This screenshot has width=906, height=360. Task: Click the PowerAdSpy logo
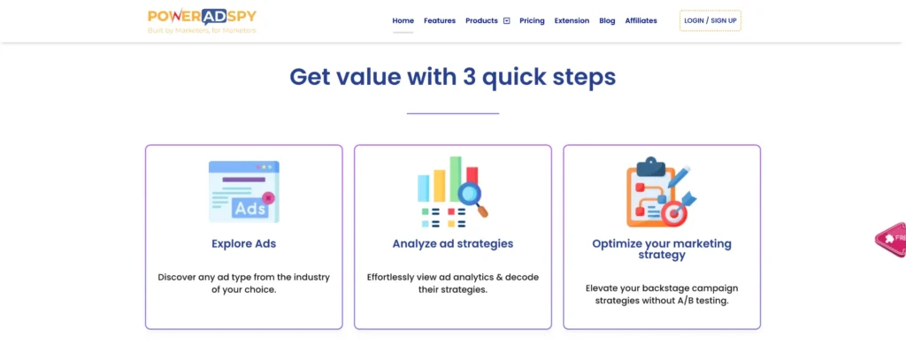click(x=202, y=21)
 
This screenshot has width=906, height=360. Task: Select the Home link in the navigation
click(x=403, y=21)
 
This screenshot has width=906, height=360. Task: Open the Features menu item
click(x=440, y=21)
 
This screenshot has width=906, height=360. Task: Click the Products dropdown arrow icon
click(x=507, y=21)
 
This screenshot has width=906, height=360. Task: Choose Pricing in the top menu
click(x=532, y=21)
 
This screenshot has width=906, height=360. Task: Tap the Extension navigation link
click(x=572, y=21)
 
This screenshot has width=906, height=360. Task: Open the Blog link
click(x=607, y=21)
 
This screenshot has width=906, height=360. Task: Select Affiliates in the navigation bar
click(x=641, y=21)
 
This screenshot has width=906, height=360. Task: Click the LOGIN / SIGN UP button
click(x=710, y=21)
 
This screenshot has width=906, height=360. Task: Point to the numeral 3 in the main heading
click(x=469, y=78)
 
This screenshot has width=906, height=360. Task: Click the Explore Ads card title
click(x=244, y=244)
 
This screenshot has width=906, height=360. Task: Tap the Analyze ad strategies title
click(x=453, y=244)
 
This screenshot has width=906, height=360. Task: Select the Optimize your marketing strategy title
click(x=662, y=249)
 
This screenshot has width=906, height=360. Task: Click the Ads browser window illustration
click(x=244, y=192)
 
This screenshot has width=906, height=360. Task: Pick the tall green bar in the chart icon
click(x=456, y=180)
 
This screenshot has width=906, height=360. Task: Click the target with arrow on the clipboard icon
click(x=677, y=209)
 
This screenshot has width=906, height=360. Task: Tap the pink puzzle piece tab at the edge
click(x=890, y=239)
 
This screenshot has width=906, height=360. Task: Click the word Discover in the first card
click(x=177, y=278)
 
